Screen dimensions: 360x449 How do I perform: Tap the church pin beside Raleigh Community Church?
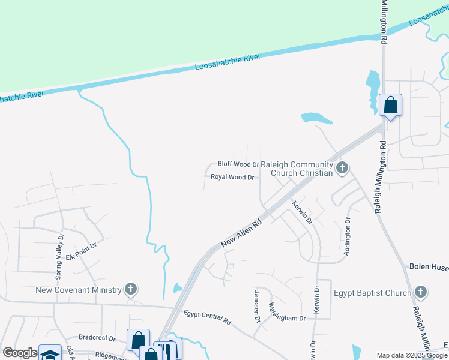pyautogui.click(x=342, y=167)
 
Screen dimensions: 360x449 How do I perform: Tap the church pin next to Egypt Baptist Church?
pyautogui.click(x=421, y=292)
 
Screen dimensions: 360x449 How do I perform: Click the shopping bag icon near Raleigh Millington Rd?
pyautogui.click(x=390, y=106)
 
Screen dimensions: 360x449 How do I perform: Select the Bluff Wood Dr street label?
pyautogui.click(x=238, y=164)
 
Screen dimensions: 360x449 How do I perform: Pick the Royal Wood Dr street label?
pyautogui.click(x=233, y=177)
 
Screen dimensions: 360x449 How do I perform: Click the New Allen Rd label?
pyautogui.click(x=242, y=233)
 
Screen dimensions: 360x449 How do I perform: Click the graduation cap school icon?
pyautogui.click(x=50, y=354)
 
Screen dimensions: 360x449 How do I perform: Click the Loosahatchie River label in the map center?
pyautogui.click(x=228, y=62)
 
